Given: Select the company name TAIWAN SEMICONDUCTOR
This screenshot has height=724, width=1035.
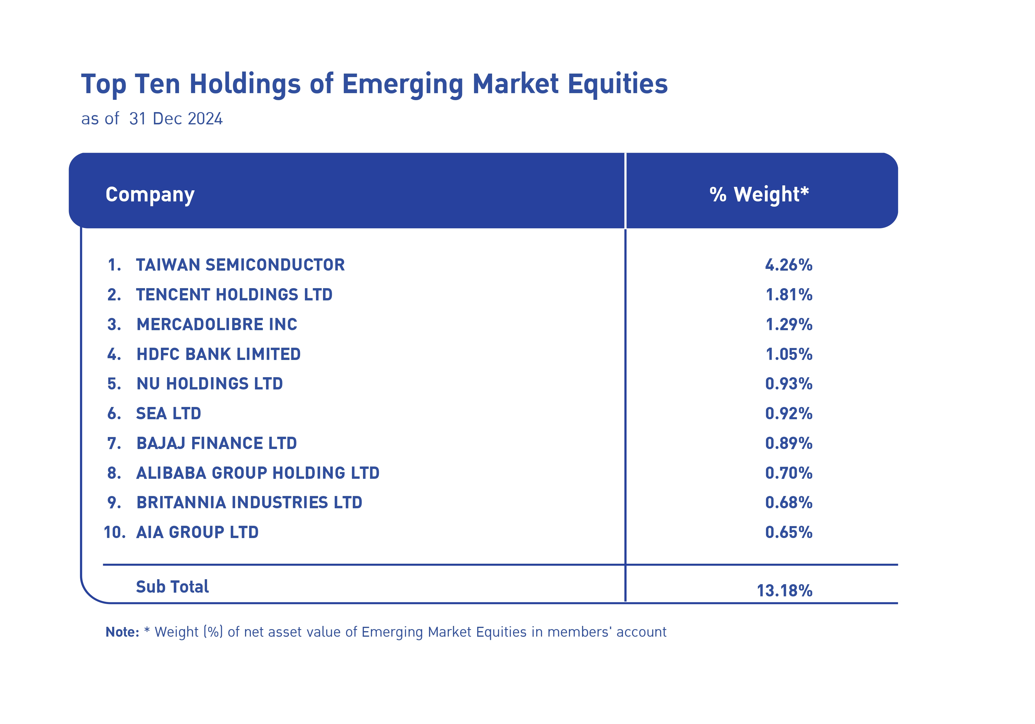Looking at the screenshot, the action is click(240, 265).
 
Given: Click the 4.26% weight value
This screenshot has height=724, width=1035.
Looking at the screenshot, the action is click(789, 265).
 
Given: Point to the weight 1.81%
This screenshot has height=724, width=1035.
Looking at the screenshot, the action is click(789, 295).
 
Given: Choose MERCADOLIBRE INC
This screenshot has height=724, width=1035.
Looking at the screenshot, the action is click(217, 324).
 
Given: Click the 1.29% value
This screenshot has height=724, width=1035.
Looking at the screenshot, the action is click(789, 324).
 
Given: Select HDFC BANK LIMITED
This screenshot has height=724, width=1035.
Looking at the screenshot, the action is click(219, 354).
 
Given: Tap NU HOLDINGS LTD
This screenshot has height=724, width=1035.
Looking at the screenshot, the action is click(210, 384).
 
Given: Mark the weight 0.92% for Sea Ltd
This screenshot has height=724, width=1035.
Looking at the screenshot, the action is click(789, 414).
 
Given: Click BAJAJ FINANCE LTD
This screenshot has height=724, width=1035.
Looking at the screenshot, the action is click(217, 443).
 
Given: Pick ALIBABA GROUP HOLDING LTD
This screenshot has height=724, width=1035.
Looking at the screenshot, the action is click(258, 473).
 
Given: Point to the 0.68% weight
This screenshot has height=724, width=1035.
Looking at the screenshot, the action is click(789, 502).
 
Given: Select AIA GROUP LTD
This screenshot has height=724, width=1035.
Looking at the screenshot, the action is click(197, 532).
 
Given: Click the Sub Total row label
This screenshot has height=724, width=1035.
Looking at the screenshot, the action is click(172, 586).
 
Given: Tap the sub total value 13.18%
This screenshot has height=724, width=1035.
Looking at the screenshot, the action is click(784, 591).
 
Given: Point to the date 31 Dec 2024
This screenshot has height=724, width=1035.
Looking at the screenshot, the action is click(176, 119).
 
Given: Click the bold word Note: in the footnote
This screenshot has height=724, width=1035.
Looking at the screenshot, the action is click(122, 632).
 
